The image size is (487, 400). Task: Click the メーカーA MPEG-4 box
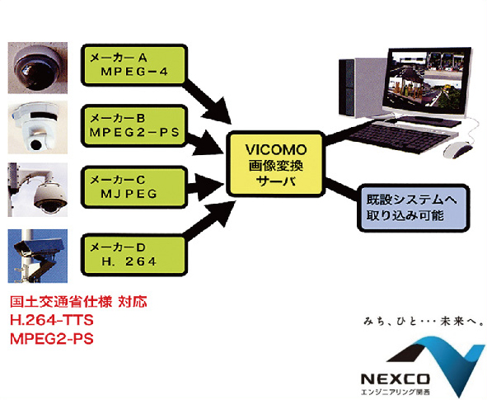tap(134, 65)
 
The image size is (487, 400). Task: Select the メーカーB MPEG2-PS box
tap(134, 125)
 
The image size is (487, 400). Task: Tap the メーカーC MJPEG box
tap(134, 187)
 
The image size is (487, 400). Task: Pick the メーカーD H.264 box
tap(134, 255)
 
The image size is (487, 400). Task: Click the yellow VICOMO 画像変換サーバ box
tap(276, 164)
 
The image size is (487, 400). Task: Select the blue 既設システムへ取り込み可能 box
tap(413, 208)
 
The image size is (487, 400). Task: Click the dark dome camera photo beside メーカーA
tap(38, 68)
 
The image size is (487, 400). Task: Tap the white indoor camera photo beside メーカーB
tap(38, 128)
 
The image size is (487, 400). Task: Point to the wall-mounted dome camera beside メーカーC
tap(38, 190)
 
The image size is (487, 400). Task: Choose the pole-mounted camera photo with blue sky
tap(38, 256)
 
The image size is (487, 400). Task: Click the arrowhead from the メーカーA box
tap(219, 111)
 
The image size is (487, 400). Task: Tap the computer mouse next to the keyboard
tap(457, 149)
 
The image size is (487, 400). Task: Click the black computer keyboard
tap(404, 135)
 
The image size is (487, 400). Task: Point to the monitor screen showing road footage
tap(428, 79)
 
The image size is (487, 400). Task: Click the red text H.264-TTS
tap(52, 320)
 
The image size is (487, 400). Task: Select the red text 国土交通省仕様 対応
tap(78, 302)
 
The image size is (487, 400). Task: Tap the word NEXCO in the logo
tap(395, 379)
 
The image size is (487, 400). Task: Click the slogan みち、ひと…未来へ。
tap(424, 322)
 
